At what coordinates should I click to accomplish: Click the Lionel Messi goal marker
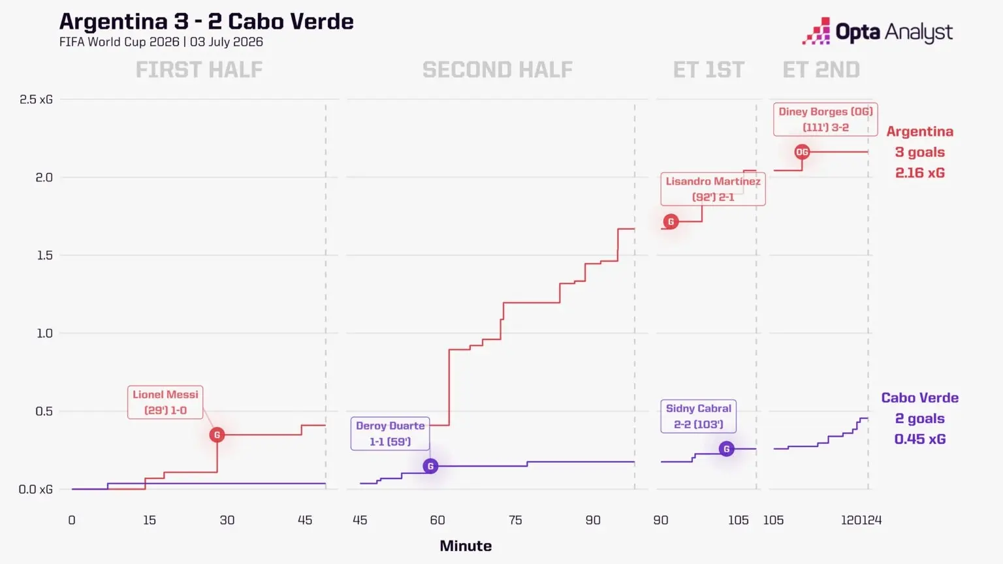click(217, 435)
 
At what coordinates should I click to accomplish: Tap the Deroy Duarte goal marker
click(430, 467)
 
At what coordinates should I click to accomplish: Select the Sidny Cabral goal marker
click(726, 449)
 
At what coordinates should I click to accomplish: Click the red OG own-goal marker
click(802, 152)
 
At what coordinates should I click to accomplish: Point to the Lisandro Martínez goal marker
click(671, 221)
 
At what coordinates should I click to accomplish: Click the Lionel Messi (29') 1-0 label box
click(165, 402)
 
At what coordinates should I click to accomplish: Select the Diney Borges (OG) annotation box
click(825, 119)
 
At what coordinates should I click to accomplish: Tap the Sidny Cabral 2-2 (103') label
click(698, 416)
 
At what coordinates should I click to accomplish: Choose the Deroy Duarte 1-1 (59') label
click(390, 433)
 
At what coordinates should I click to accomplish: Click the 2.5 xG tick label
click(36, 99)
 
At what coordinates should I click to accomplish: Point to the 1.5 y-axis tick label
click(44, 255)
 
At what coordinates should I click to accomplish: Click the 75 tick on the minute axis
click(515, 520)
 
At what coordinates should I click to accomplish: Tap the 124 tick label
click(872, 520)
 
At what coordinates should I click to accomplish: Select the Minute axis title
click(466, 546)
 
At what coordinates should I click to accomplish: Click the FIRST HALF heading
click(199, 69)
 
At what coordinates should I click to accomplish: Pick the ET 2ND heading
click(821, 69)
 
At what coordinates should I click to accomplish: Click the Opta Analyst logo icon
click(816, 31)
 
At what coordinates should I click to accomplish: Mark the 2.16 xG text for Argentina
click(919, 173)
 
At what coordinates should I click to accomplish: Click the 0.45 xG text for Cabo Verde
click(919, 439)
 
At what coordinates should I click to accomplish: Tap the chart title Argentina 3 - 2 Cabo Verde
click(206, 21)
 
